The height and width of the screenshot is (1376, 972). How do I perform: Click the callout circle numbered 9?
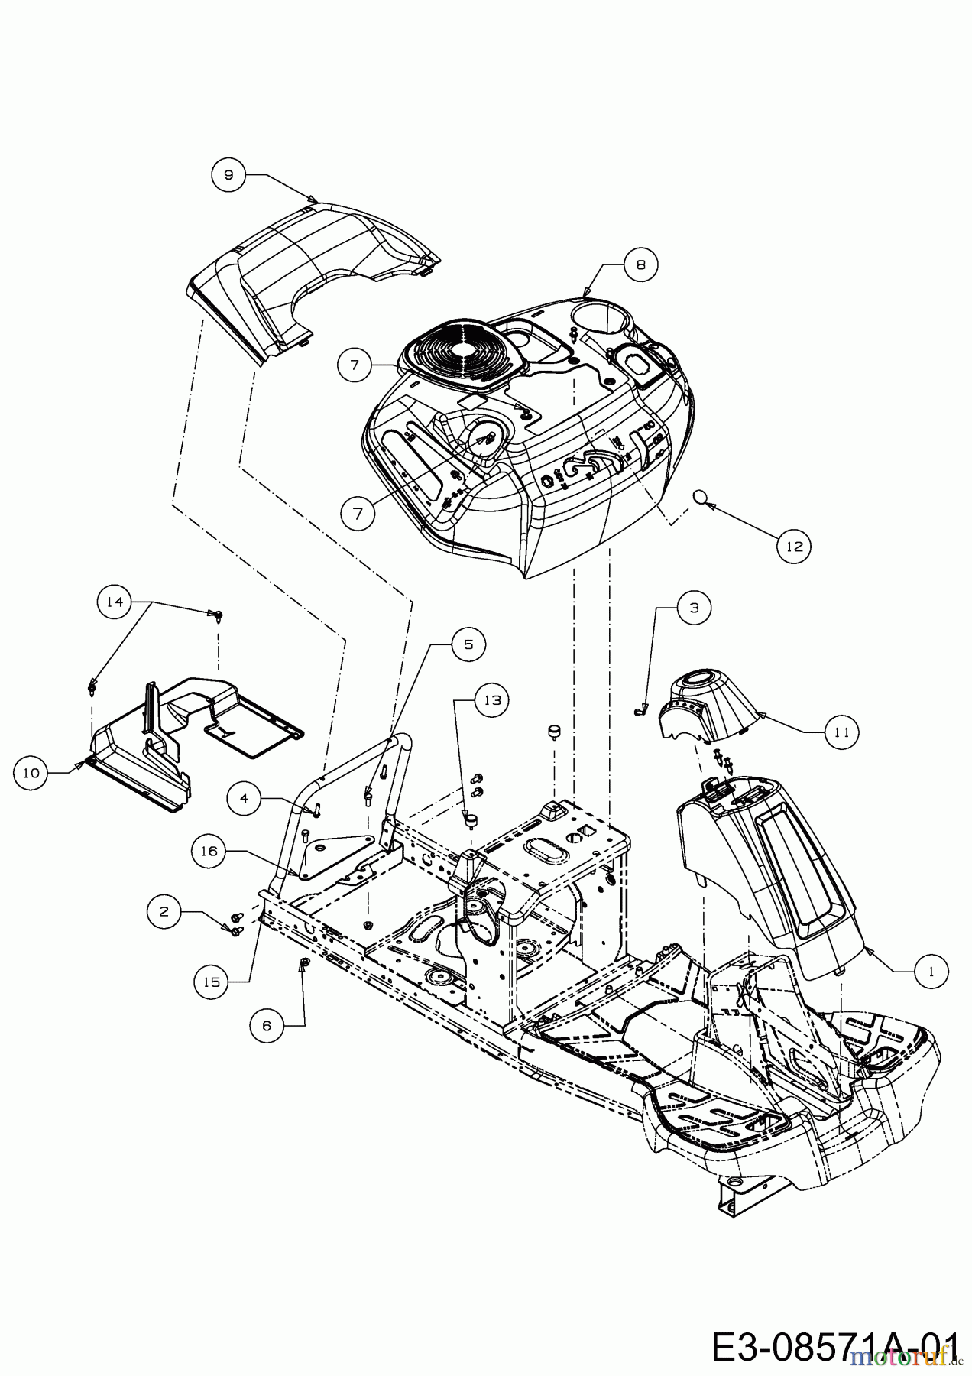click(228, 174)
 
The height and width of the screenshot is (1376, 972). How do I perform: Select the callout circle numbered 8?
click(640, 264)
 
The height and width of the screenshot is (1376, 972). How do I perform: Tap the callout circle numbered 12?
click(795, 546)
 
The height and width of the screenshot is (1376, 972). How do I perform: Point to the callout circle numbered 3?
click(694, 608)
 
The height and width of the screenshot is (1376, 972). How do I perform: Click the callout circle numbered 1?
click(931, 971)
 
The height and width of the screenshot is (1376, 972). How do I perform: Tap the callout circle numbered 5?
click(468, 644)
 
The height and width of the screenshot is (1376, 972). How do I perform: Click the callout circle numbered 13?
click(494, 699)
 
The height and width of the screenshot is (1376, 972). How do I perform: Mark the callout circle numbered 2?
click(164, 910)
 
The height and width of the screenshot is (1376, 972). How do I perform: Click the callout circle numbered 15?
click(212, 982)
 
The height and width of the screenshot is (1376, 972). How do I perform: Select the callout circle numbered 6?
click(267, 1025)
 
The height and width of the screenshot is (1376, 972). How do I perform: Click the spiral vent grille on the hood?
click(452, 355)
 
